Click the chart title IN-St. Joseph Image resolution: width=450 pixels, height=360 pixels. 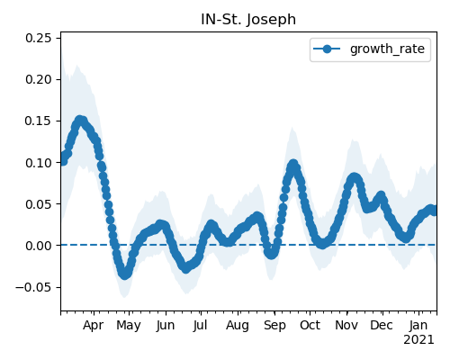point(248,20)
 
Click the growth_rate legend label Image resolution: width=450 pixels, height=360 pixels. point(387,49)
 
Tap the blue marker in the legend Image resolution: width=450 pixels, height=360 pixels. point(327,49)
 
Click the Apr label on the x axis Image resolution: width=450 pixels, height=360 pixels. point(94,325)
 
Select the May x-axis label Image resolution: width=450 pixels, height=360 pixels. point(129,326)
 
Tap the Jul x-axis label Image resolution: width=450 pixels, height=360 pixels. point(200,325)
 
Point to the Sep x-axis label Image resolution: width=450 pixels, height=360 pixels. point(274,326)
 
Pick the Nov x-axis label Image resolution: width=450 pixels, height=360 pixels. point(346,325)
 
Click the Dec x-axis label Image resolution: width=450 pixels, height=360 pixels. point(382,325)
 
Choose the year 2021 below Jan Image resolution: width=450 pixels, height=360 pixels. point(418,340)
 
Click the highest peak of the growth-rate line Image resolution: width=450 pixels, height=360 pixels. point(80,121)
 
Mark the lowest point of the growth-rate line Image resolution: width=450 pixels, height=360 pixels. point(125,274)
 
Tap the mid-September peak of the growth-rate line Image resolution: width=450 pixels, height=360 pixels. point(293,165)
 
